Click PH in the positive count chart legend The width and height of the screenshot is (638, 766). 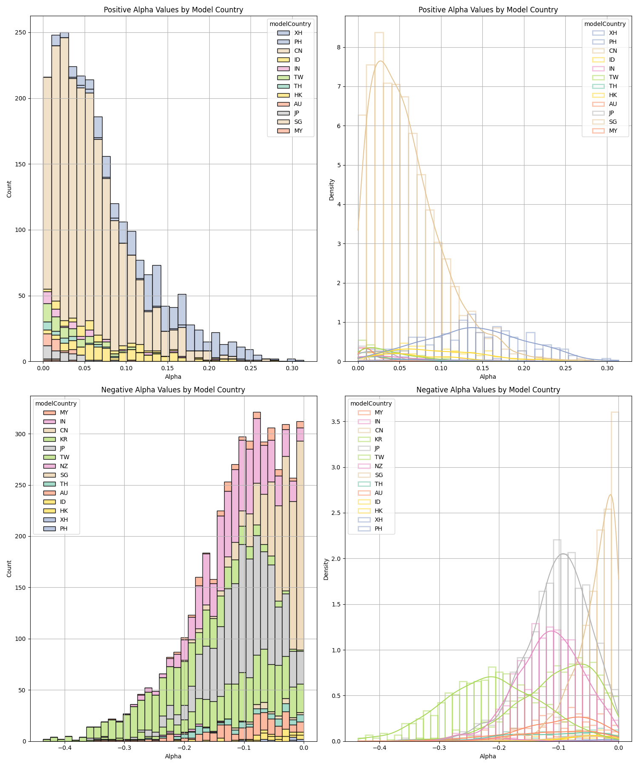[298, 42]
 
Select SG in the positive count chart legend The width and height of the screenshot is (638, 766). [298, 122]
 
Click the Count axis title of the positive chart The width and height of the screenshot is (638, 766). [9, 189]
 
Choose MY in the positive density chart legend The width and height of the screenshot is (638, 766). [612, 131]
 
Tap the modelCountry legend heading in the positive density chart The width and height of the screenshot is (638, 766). [605, 24]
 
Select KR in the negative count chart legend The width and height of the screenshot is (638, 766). [63, 439]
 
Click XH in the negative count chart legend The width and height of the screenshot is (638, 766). [63, 520]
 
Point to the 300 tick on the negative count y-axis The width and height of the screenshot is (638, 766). [21, 434]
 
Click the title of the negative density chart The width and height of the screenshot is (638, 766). [488, 389]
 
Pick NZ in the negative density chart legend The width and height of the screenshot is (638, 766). [378, 466]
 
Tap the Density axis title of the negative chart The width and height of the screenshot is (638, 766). [326, 569]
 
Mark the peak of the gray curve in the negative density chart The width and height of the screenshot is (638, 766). [563, 554]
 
